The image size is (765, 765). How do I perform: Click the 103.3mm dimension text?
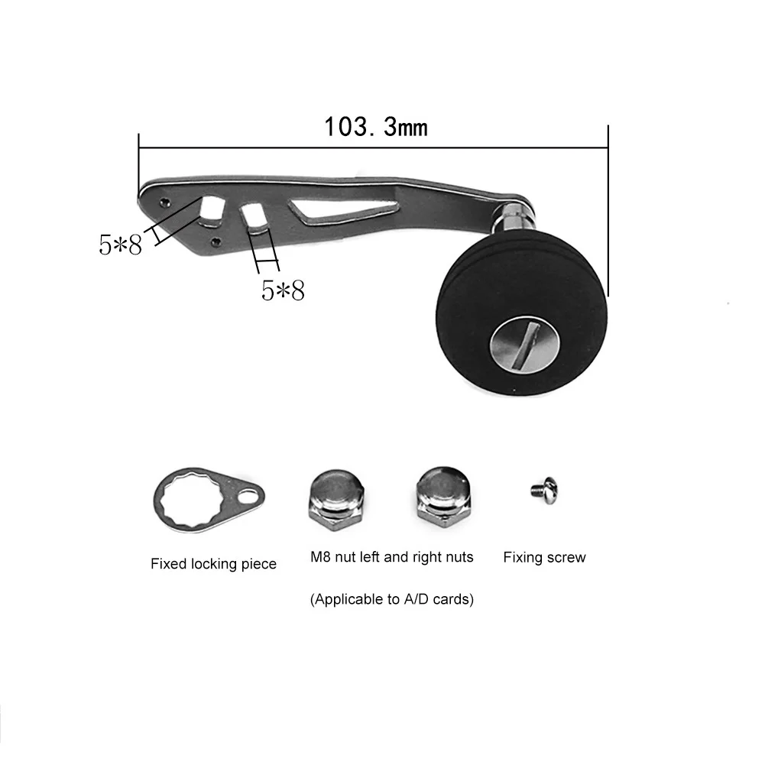pos(376,126)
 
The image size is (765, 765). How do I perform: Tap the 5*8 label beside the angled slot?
pos(120,245)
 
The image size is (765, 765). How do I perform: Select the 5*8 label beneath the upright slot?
pos(283,290)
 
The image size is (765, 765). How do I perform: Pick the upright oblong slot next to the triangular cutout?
pos(254,218)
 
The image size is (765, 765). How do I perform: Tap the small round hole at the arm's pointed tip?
pos(166,202)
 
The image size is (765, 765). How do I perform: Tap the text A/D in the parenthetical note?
pos(420,600)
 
